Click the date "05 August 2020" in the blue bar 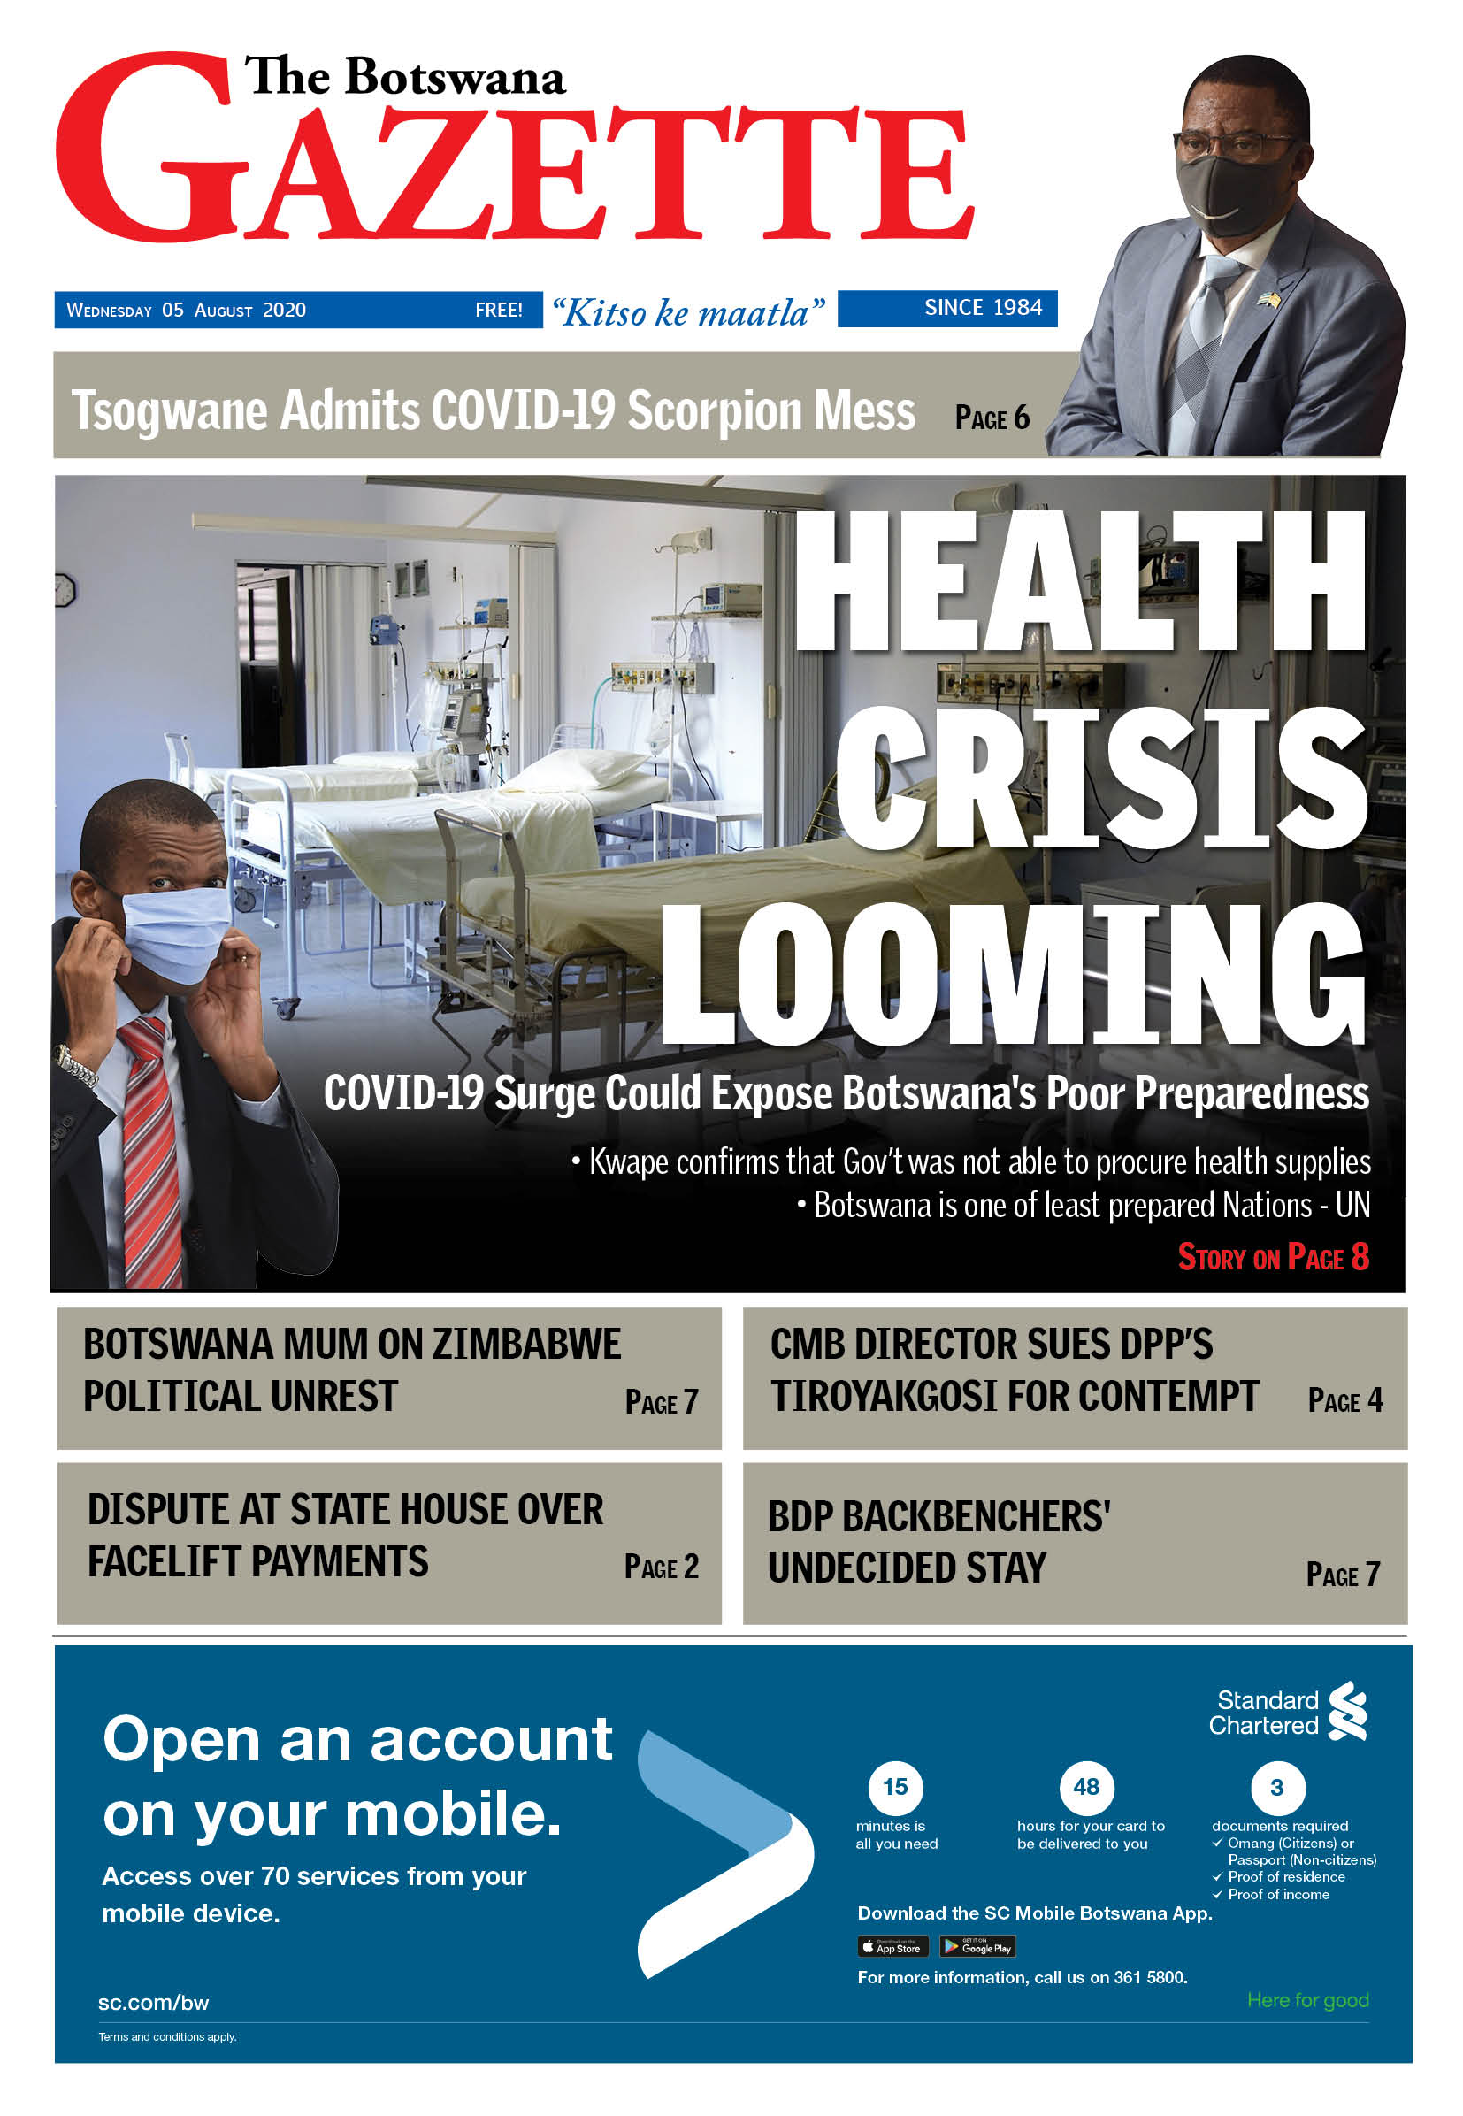click(233, 310)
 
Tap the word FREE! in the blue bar click(499, 310)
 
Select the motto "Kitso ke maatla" click(687, 312)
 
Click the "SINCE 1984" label click(983, 307)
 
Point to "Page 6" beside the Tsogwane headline click(992, 418)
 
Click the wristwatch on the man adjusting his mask click(75, 1066)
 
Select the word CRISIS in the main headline click(1100, 779)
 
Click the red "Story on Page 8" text click(1272, 1257)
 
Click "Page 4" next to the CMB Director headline click(1344, 1400)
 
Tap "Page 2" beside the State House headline click(661, 1566)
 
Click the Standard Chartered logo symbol click(1348, 1711)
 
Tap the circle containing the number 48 click(1086, 1787)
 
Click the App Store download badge click(892, 1946)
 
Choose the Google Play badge click(977, 1946)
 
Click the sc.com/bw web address click(153, 2002)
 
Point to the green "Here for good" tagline click(1307, 1999)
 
